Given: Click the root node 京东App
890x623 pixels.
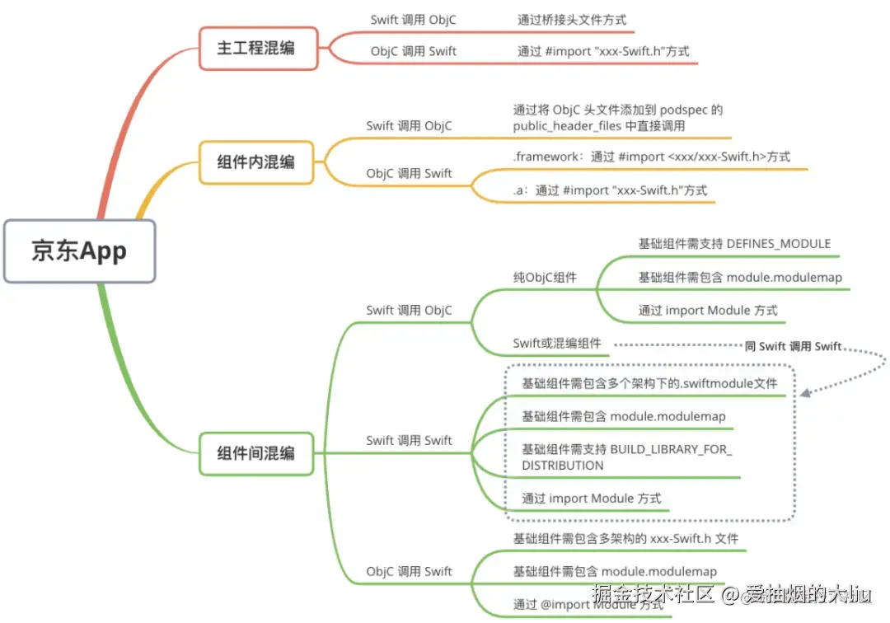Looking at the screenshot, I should [79, 251].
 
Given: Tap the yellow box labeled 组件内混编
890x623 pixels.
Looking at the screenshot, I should [256, 162].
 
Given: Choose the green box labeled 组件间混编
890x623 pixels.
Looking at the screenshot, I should [256, 453].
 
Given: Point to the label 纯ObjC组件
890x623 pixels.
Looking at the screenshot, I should [545, 278].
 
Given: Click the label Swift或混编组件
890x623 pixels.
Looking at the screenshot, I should [557, 344].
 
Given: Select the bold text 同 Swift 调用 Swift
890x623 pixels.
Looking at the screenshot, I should [793, 347].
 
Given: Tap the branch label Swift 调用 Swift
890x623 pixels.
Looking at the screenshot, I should [409, 441].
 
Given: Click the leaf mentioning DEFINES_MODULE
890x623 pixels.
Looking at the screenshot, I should [734, 244].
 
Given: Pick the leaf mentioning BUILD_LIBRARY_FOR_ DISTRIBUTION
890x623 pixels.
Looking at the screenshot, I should [627, 457].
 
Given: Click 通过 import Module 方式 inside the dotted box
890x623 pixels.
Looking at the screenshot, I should [591, 499].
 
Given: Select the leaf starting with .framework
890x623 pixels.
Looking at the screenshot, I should [651, 157].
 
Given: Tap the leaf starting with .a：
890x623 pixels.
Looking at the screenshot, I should [610, 190].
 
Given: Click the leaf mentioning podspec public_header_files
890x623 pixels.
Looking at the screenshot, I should [617, 118].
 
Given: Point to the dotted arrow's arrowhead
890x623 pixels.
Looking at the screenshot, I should [805, 393].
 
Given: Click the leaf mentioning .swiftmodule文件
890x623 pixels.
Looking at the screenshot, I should [649, 383].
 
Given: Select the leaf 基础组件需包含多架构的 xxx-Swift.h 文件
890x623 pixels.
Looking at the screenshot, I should [625, 539].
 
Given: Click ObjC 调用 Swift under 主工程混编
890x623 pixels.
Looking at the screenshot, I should [413, 51].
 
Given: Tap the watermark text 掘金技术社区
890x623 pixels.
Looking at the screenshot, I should [653, 594].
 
